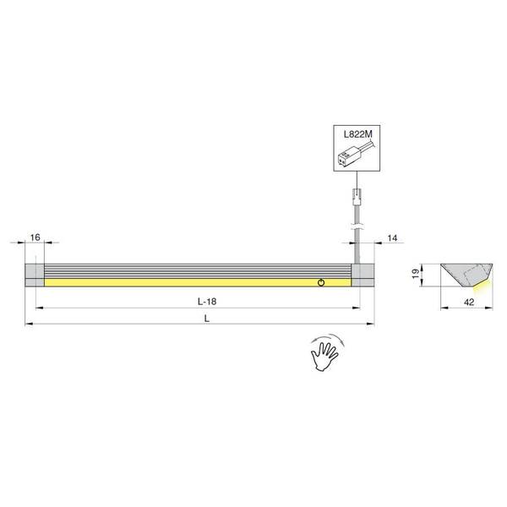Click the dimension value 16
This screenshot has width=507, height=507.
tap(35, 237)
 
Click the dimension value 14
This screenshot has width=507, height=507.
tap(392, 238)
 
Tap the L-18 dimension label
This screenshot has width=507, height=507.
tap(207, 302)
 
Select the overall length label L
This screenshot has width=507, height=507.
tap(207, 319)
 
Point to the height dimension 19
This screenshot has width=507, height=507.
tap(416, 274)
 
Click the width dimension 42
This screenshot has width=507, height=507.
tap(469, 302)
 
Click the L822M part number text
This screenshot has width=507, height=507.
tap(358, 134)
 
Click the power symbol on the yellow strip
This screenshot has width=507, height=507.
tap(321, 282)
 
